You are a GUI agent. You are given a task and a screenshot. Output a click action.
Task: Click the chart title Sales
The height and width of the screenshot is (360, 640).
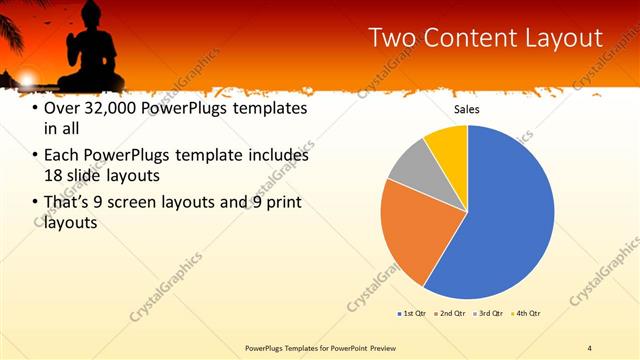[x=467, y=108]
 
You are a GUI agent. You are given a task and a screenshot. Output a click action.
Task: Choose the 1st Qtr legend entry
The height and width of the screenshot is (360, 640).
[x=411, y=314]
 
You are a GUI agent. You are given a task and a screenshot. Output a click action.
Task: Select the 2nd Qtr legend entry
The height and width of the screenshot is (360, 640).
[x=450, y=314]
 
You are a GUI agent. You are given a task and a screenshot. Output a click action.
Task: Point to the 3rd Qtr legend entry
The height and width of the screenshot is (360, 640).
[x=489, y=314]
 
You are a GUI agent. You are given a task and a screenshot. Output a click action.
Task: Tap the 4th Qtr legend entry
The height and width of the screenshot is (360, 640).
[x=527, y=314]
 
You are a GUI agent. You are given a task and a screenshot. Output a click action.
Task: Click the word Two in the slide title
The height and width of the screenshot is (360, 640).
[x=393, y=38]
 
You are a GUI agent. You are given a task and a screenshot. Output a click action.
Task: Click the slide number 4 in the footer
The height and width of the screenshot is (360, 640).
[x=589, y=348]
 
